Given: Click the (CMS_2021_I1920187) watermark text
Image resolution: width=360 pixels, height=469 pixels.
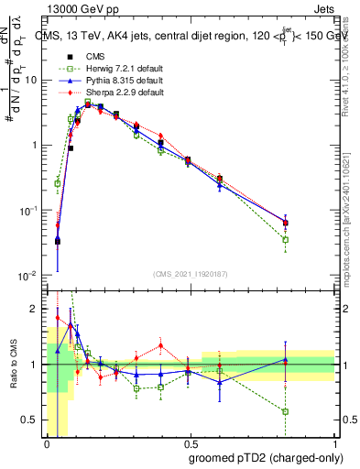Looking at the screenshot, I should [191, 273].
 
